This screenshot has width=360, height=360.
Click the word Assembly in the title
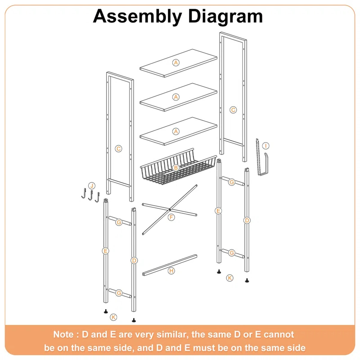point(137,16)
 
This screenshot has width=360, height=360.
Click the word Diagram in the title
point(225,16)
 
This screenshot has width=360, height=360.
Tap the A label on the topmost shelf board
point(176,63)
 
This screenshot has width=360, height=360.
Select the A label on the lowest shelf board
point(176,131)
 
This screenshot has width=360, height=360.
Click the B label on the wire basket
point(176,168)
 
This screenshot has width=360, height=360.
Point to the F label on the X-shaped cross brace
point(171,217)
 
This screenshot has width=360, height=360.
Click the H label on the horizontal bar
point(171,271)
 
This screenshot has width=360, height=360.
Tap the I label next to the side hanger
point(266,146)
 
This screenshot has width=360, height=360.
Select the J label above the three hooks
point(91,185)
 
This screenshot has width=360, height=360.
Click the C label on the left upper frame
point(118,148)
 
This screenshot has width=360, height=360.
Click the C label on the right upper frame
point(233,109)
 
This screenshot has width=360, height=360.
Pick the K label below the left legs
point(113,317)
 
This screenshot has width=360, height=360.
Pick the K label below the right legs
point(230,278)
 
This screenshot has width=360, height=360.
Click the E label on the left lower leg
point(105,251)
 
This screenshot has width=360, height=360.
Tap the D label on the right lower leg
point(247,220)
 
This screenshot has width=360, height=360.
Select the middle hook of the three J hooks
point(90,196)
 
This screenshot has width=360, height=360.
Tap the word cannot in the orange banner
point(279,334)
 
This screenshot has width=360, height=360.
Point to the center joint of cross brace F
point(169,210)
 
